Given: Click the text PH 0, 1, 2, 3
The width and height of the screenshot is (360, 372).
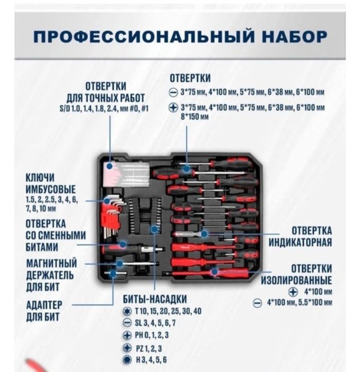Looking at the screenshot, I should point(153,335).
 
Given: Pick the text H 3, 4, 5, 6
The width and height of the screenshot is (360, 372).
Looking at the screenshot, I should point(151,360).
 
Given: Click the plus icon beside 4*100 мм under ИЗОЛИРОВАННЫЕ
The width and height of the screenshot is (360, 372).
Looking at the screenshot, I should point(292,292).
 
